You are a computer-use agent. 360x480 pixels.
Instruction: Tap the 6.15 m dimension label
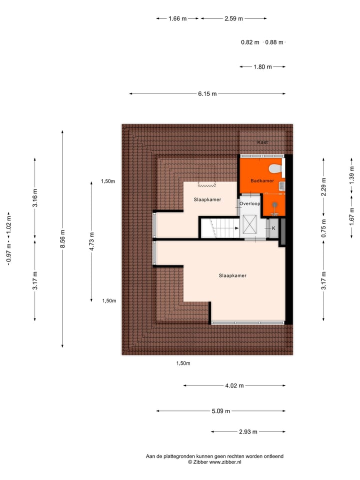pyautogui.click(x=207, y=93)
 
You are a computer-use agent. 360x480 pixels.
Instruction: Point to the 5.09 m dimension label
pyautogui.click(x=220, y=411)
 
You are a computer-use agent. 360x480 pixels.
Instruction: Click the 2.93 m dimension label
pyautogui.click(x=248, y=432)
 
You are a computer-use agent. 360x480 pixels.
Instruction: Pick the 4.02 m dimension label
pyautogui.click(x=234, y=385)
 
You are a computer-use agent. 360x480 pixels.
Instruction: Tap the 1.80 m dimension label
pyautogui.click(x=262, y=66)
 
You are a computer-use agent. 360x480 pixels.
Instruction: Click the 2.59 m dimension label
pyautogui.click(x=233, y=18)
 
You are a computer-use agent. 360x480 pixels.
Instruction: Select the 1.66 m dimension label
pyautogui.click(x=177, y=18)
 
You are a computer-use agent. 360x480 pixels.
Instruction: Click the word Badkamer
pyautogui.click(x=261, y=181)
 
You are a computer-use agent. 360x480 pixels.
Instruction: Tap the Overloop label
pyautogui.click(x=249, y=204)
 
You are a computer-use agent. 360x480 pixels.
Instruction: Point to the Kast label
pyautogui.click(x=262, y=142)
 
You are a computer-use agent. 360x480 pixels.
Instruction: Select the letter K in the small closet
pyautogui.click(x=273, y=228)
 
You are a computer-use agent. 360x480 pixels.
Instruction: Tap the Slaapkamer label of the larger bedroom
pyautogui.click(x=232, y=275)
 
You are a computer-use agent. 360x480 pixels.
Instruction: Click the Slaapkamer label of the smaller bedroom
pyautogui.click(x=207, y=199)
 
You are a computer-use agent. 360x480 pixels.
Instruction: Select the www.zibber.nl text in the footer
pyautogui.click(x=225, y=462)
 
